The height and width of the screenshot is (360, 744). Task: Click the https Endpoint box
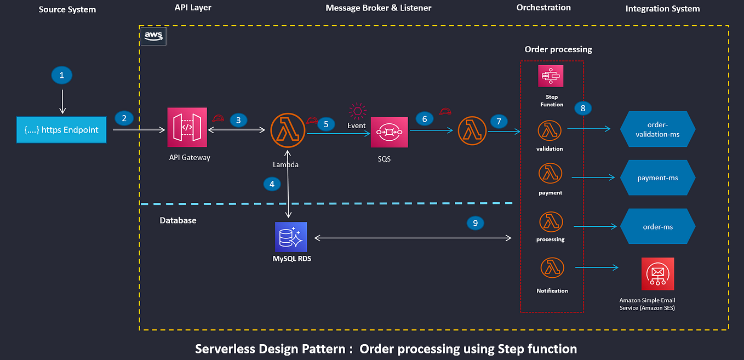coord(61,130)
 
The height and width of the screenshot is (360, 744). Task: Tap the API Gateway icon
coord(187,127)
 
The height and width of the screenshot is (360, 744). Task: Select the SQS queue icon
coord(389,132)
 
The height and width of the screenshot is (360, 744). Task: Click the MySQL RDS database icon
coord(291,237)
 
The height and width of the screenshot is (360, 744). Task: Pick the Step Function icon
coord(551,76)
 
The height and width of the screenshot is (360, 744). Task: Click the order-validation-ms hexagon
coord(657,130)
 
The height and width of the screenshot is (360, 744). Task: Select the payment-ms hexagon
coord(657,178)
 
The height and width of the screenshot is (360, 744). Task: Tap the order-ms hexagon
coord(657,226)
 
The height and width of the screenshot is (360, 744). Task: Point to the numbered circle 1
coord(61,75)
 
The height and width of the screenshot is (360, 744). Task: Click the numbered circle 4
coord(272,184)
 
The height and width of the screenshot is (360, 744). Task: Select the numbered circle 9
coord(475,222)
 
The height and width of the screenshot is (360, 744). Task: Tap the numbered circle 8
coord(583,108)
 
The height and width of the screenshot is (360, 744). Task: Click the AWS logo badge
coord(153,36)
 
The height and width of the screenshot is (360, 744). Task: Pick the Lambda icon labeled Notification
coord(552,268)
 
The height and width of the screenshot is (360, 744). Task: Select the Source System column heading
coord(67,9)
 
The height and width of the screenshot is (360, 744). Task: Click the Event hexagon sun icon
coord(358,111)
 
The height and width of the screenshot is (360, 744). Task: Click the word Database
coord(178,220)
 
